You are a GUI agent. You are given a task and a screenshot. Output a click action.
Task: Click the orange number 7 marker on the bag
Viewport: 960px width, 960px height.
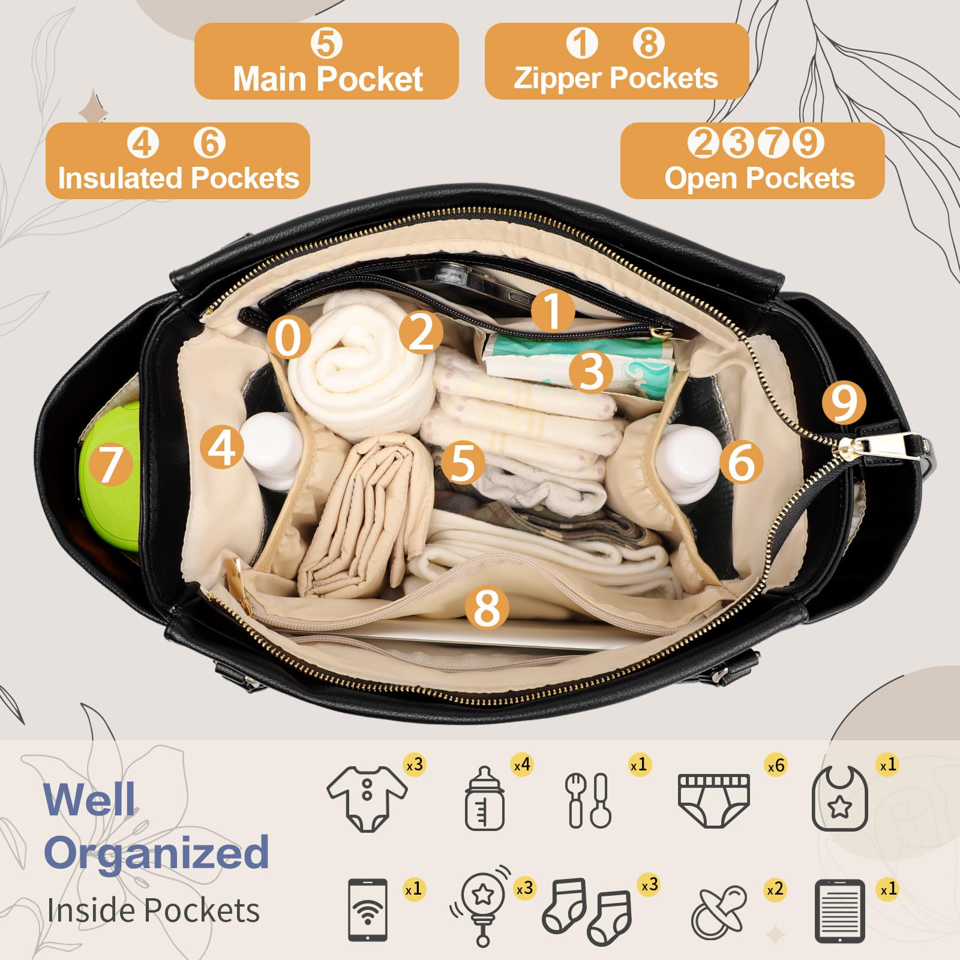tap(110, 464)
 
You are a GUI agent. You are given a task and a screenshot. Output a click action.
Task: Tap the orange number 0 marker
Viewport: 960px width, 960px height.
tap(289, 338)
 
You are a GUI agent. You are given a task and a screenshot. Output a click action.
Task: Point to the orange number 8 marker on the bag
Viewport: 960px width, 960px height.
tap(487, 608)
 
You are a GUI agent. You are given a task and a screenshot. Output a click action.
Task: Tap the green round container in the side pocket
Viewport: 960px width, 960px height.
tap(110, 477)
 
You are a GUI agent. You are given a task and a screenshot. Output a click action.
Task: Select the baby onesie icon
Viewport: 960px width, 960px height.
tap(367, 798)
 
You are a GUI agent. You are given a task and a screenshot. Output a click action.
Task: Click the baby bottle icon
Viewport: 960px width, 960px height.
tap(485, 799)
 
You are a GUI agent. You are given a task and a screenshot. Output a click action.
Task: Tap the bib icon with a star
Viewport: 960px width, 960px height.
tap(840, 799)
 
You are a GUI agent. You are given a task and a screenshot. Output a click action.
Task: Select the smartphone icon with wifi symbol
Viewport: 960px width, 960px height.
tap(368, 910)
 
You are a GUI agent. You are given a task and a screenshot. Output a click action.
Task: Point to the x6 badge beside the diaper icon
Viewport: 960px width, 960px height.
tap(776, 766)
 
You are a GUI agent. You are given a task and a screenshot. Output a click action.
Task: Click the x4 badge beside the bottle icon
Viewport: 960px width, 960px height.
tap(522, 765)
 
